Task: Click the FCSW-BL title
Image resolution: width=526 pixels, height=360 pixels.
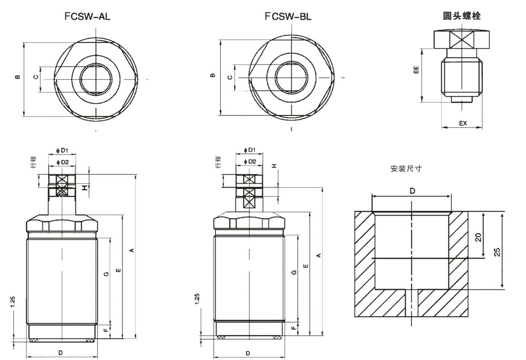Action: coord(288,17)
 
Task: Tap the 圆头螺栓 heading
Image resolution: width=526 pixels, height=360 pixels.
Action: coord(461,16)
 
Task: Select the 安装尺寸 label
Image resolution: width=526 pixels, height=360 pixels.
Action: coord(406,169)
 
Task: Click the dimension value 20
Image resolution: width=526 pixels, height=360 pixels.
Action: coord(478,237)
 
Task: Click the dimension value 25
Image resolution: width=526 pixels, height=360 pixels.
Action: coord(497,252)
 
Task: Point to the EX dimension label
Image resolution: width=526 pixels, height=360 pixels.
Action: coord(463,123)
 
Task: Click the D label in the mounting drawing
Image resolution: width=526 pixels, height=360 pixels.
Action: coord(412,191)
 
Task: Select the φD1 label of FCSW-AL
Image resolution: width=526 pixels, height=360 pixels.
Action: coord(62,150)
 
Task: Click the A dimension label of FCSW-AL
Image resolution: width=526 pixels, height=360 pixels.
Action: coord(131,250)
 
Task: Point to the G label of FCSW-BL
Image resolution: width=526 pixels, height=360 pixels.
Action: coord(294,272)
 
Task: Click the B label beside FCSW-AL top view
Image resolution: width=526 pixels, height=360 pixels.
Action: coord(17,77)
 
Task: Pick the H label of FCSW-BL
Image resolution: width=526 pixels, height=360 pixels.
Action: coord(274,165)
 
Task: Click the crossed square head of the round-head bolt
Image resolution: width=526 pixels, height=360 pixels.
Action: coord(461,40)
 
